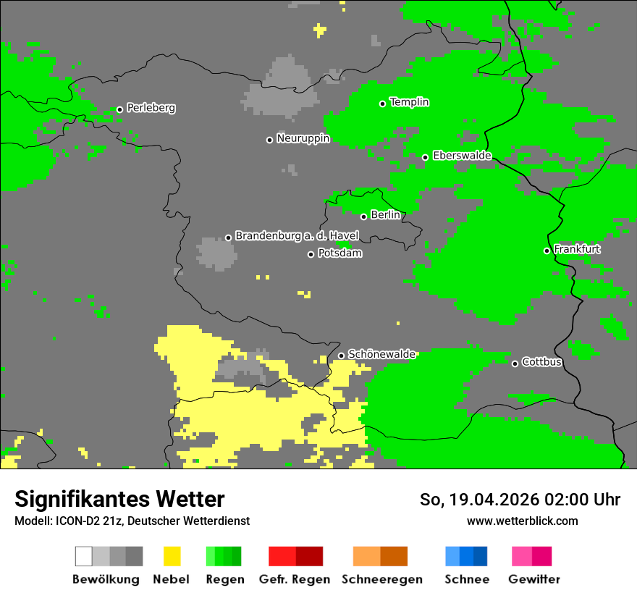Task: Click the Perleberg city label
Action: coord(151,108)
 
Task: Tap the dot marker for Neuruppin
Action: coord(269,140)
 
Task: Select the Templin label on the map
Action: coord(409,102)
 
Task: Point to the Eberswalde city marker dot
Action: coord(425,157)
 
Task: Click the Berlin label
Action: coord(385,215)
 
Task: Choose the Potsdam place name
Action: coord(339,253)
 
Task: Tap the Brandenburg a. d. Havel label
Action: coord(297,236)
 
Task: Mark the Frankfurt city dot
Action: coord(547,251)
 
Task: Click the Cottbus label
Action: coord(541,362)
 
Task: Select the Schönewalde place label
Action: coord(381,354)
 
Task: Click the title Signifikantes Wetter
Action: coord(119,499)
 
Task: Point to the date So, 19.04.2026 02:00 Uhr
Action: coord(520,500)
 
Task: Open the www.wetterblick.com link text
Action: coord(522,521)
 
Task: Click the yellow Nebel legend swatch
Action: coord(172,556)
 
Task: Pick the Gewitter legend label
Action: coord(533,579)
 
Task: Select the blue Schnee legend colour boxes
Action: coord(466,556)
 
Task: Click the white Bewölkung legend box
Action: coord(84,556)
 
